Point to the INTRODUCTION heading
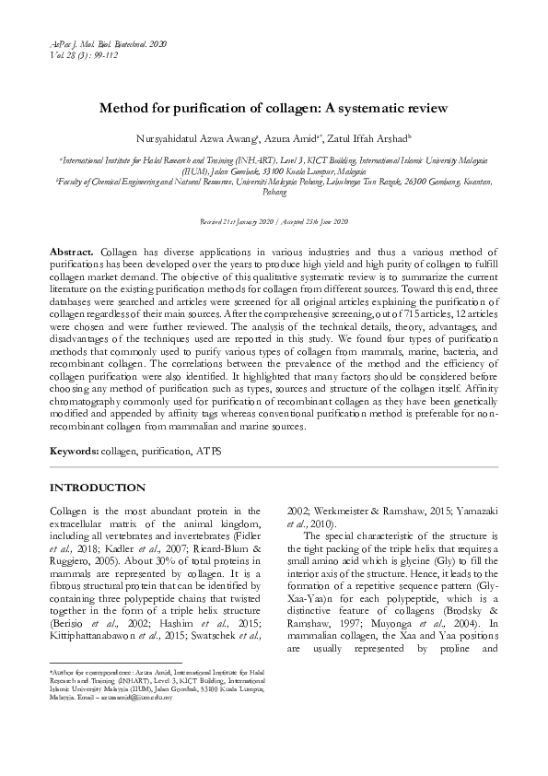coord(98,487)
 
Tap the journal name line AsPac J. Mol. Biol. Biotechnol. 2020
coord(108,43)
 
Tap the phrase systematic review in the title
coord(391,108)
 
